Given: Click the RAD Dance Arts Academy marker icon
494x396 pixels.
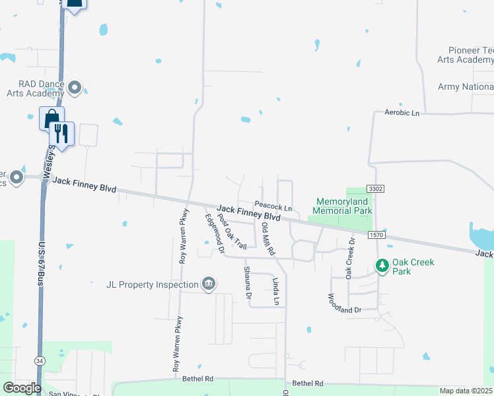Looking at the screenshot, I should click(75, 88).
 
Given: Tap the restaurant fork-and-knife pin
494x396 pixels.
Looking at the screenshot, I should click(62, 133).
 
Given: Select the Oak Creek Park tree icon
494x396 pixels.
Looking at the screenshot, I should click(382, 266).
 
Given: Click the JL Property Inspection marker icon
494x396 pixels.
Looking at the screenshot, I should click(208, 284).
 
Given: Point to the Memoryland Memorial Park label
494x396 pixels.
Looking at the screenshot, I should click(343, 207).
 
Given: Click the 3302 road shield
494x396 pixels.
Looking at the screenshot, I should click(376, 189).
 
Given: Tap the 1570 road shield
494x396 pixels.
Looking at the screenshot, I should click(376, 235).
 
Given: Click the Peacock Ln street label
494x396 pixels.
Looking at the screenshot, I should click(273, 207).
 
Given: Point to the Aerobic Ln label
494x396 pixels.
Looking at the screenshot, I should click(402, 114).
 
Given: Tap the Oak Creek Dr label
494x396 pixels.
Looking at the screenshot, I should click(350, 257).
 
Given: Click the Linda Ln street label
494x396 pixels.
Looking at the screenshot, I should click(277, 291).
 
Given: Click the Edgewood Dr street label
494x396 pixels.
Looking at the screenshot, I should click(215, 234).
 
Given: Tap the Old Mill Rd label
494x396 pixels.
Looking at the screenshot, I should click(267, 239).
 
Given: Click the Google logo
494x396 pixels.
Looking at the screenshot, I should click(21, 388).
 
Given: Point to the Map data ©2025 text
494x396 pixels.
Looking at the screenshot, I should click(466, 391).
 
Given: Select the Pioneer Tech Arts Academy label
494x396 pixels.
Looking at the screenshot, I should click(465, 55).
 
